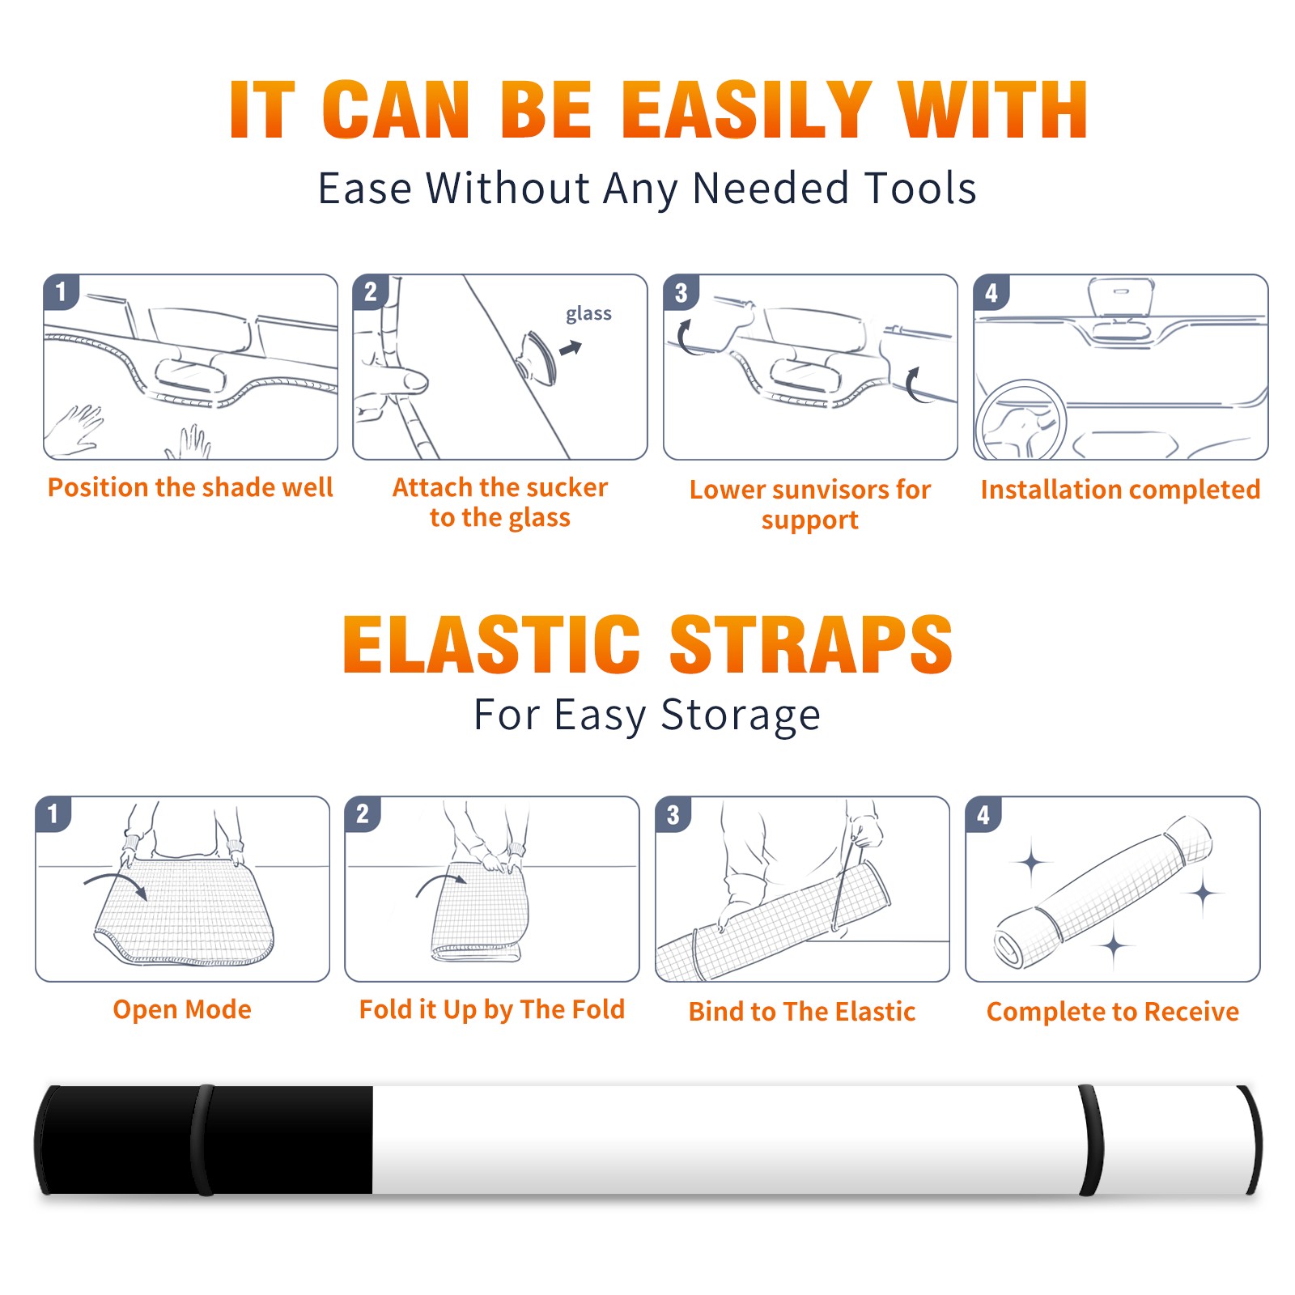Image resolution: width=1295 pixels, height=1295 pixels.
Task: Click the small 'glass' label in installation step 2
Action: click(588, 314)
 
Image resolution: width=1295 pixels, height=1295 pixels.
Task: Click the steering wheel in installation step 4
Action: click(1020, 421)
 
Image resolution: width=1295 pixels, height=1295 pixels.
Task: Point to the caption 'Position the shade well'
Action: click(190, 487)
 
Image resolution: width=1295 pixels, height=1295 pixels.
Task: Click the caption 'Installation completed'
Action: click(1120, 489)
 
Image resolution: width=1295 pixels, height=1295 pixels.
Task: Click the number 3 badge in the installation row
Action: click(681, 292)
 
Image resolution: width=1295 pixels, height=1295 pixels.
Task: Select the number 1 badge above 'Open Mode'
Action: click(53, 813)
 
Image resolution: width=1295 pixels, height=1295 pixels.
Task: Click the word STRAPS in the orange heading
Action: click(811, 644)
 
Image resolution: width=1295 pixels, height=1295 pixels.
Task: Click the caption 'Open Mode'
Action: click(182, 1009)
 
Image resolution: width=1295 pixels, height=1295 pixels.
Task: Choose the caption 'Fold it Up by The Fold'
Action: click(492, 1009)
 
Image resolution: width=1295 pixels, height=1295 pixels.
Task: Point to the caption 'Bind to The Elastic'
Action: click(802, 1012)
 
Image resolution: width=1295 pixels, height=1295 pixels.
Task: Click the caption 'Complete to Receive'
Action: click(1113, 1012)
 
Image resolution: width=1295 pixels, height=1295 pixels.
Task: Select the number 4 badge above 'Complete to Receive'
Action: click(983, 813)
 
